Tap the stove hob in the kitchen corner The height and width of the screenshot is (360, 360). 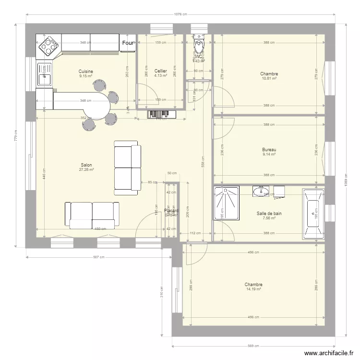click(x=48, y=46)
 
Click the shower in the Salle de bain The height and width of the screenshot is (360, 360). click(x=227, y=203)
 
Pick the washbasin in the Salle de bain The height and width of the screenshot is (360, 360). click(x=262, y=192)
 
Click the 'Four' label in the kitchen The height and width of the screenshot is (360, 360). click(x=128, y=43)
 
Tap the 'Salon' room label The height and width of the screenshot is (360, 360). click(x=86, y=165)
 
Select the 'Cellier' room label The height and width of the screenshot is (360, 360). click(x=160, y=71)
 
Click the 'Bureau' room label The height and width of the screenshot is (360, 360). click(x=269, y=150)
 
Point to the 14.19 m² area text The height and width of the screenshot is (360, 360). click(x=253, y=289)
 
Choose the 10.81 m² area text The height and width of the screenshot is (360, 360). click(x=269, y=78)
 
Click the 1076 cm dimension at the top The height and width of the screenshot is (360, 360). click(x=180, y=16)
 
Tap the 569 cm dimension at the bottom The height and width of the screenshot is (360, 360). click(x=253, y=345)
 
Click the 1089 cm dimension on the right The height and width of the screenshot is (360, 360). click(x=345, y=182)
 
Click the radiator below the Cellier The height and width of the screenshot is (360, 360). click(x=162, y=114)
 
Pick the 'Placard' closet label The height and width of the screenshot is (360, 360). click(x=171, y=211)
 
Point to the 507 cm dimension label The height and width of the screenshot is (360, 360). click(x=98, y=257)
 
